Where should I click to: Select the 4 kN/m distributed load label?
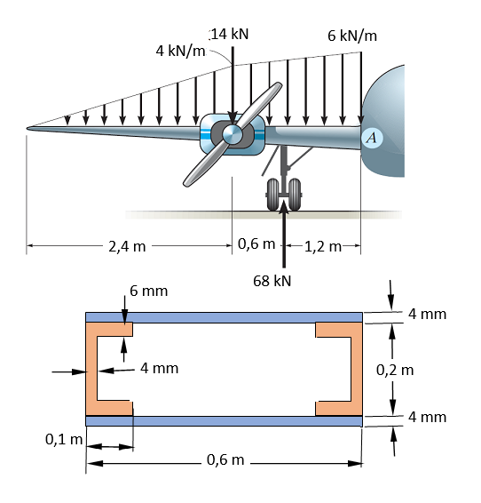[x=180, y=51]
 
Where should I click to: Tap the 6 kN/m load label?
[x=351, y=36]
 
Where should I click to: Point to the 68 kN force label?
[x=272, y=281]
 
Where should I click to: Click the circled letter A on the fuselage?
[x=372, y=137]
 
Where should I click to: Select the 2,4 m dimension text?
[x=127, y=246]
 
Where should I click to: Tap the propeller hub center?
[x=232, y=134]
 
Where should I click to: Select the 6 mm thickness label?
[x=148, y=291]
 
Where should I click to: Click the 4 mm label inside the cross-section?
[x=159, y=367]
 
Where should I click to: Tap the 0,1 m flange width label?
[x=63, y=438]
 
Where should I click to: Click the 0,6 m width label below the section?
[x=226, y=459]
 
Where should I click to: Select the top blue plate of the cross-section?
[x=224, y=317]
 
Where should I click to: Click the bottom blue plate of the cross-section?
[x=224, y=421]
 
